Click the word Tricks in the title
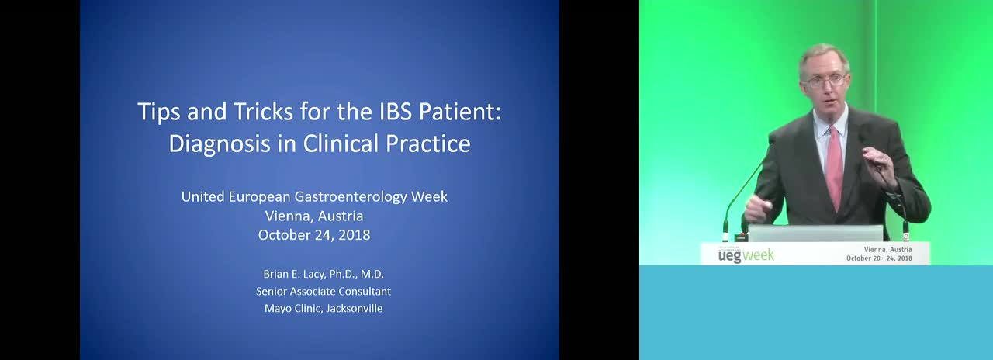point(263,111)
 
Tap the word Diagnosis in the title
point(220,144)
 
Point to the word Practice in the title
point(427,144)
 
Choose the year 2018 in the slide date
point(355,235)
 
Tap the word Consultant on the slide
point(365,291)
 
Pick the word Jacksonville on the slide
point(355,309)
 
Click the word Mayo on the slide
point(275,309)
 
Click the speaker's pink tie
point(834,168)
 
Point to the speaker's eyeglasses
point(825,81)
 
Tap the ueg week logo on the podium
point(746,255)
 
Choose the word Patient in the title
point(460,111)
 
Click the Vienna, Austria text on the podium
point(888,250)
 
